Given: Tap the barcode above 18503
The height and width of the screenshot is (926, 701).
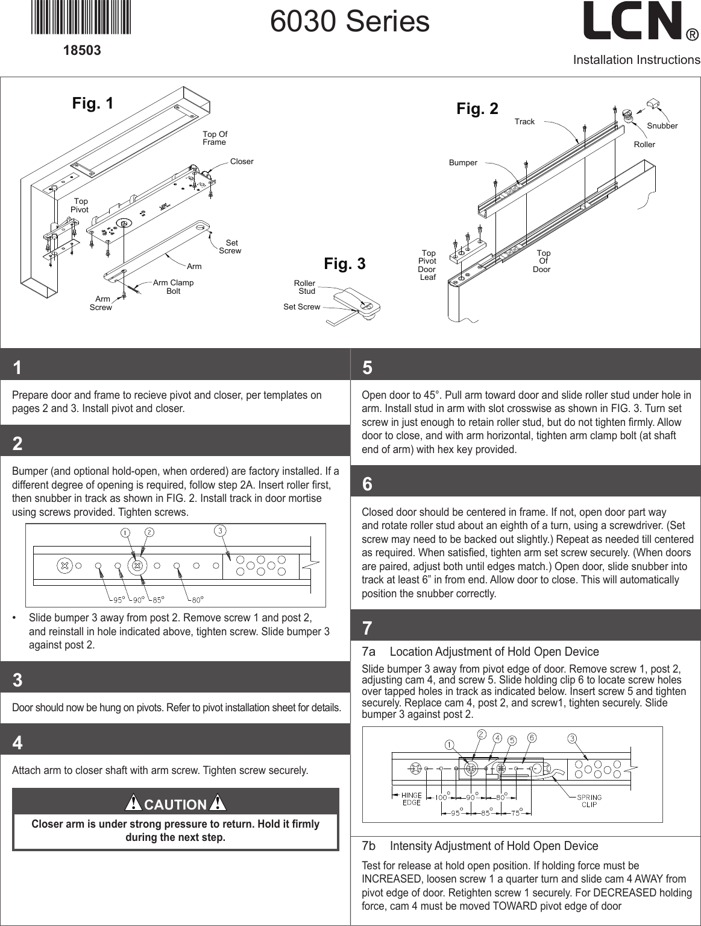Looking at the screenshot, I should tap(81, 18).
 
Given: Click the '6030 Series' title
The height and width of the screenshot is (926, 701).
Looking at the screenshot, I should tap(350, 22).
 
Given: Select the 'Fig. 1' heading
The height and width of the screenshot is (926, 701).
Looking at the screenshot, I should tap(93, 103).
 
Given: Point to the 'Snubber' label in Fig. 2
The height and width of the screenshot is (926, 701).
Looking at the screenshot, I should tap(662, 126).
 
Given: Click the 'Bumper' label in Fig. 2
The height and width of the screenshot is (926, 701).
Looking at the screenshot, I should tap(463, 163).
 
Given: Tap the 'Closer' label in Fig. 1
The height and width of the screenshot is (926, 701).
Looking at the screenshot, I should tap(242, 162).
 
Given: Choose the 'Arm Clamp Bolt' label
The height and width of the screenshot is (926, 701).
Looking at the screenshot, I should tap(173, 287).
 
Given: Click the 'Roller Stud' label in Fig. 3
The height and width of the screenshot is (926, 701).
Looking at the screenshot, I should tap(305, 287).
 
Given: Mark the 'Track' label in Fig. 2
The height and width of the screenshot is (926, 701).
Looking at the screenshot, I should tap(524, 122).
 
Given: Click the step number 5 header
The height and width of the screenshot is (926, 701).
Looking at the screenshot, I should tap(367, 367).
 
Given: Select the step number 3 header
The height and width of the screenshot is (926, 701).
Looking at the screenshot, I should tap(17, 680).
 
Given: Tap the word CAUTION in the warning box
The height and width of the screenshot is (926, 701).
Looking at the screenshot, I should tap(175, 805).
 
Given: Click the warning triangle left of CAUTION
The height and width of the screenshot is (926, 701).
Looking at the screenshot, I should tap(133, 803).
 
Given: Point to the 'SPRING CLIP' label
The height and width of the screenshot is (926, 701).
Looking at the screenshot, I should tap(589, 801).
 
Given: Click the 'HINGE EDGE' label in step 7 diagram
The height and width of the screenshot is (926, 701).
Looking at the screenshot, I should tap(412, 799).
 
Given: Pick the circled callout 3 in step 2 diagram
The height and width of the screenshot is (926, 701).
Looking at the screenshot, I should tap(221, 531).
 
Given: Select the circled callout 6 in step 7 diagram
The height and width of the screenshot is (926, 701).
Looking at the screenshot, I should tap(532, 738).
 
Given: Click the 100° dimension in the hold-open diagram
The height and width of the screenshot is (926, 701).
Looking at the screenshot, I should tap(442, 797).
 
